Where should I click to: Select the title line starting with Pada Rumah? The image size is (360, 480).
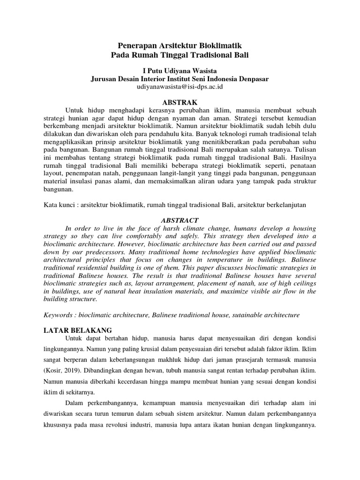click(x=180, y=55)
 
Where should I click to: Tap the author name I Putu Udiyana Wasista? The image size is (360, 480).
click(x=180, y=70)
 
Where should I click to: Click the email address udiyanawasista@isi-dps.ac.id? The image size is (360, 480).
click(x=180, y=87)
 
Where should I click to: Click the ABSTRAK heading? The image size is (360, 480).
click(x=180, y=102)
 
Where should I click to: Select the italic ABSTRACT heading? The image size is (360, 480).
click(x=180, y=220)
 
